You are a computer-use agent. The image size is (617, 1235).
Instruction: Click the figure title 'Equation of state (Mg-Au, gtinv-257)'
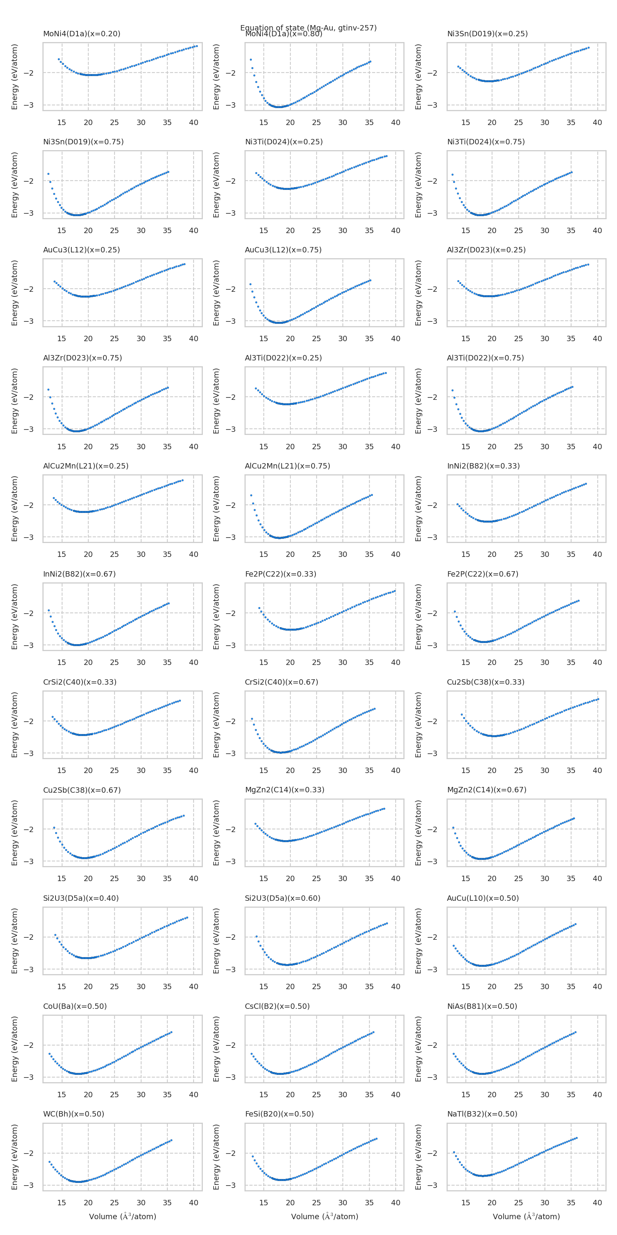[308, 28]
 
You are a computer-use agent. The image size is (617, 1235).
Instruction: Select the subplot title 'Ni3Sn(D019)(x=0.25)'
[487, 34]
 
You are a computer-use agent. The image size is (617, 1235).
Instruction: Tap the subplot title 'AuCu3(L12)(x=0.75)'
[283, 250]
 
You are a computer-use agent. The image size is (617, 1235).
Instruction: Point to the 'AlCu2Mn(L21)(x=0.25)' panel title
[86, 466]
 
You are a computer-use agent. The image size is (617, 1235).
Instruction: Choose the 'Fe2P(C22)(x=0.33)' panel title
[281, 574]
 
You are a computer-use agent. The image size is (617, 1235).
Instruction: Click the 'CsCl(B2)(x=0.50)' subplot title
[277, 1006]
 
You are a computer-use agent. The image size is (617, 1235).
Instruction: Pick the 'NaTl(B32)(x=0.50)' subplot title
[482, 1114]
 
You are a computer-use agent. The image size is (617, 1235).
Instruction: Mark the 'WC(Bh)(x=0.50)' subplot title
[74, 1114]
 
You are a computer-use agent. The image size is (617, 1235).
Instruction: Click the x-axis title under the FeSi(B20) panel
[324, 1217]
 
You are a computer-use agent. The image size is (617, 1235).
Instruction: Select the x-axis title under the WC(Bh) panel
[123, 1217]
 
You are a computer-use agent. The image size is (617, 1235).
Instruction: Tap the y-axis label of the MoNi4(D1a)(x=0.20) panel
[14, 77]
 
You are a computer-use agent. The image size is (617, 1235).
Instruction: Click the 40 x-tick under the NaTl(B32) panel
[597, 1203]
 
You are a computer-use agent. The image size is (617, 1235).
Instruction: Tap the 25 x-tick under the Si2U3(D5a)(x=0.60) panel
[317, 987]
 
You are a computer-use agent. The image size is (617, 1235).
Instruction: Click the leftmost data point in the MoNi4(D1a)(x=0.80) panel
[251, 59]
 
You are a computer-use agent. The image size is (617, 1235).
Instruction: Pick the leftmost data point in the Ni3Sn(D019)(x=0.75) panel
[48, 174]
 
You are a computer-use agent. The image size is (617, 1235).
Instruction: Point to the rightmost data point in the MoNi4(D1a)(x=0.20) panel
[196, 46]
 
